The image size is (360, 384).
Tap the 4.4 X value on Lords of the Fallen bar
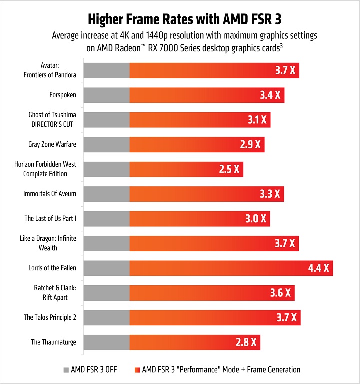(319, 268)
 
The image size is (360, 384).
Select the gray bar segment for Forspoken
(106, 95)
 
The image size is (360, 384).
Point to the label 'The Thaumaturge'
(54, 342)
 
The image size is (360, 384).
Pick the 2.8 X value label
(246, 342)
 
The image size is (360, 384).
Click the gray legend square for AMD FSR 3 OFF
(66, 370)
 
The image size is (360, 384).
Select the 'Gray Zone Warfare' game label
(52, 144)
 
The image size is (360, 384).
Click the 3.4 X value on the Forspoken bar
(270, 95)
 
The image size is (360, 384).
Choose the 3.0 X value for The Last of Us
(256, 218)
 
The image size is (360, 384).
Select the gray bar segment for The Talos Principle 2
(106, 317)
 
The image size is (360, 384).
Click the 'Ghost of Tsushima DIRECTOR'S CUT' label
(52, 119)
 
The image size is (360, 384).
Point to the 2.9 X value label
(250, 144)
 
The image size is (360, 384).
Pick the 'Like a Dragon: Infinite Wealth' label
(52, 243)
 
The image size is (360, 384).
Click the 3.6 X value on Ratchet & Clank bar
(280, 293)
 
